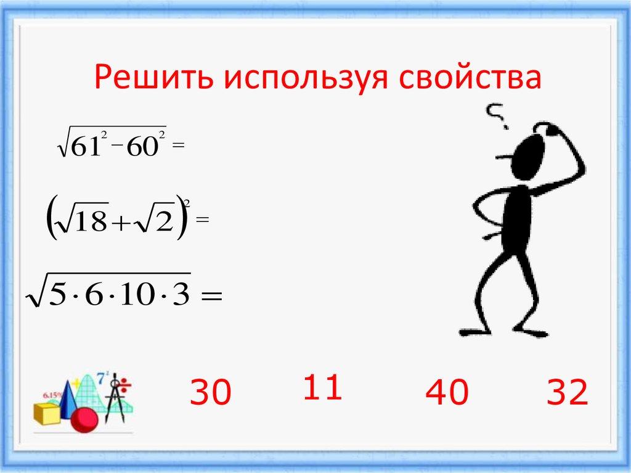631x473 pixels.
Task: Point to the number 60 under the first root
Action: pos(142,149)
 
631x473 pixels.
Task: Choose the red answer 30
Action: pos(210,393)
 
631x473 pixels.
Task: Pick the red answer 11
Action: pos(322,388)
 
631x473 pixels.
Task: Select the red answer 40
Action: pos(447,393)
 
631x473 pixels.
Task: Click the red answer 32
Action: pos(566,393)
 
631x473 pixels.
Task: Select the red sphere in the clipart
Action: pos(84,420)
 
